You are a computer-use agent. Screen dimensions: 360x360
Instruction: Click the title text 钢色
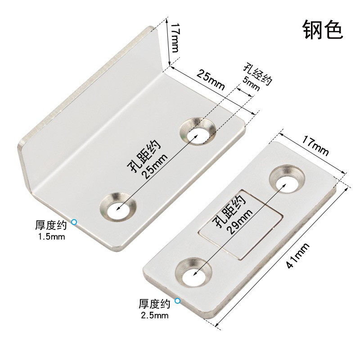coord(323,30)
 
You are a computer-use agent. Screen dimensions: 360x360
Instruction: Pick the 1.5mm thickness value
coord(51,235)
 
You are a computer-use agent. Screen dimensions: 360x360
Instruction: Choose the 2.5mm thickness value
coord(154,315)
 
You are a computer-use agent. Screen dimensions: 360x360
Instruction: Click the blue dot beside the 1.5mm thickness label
coord(74,221)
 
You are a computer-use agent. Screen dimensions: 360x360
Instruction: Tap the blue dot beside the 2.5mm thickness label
coord(178,301)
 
